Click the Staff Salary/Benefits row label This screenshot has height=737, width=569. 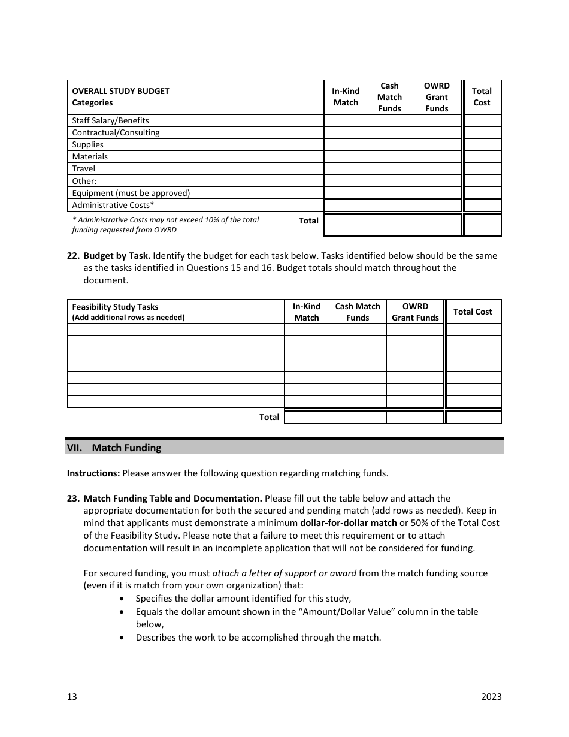[x=110, y=120]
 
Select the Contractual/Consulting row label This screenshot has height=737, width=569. [x=116, y=132]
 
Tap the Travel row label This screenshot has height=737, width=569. [x=83, y=168]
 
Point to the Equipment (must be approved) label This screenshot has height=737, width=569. [x=131, y=193]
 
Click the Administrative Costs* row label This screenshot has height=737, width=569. [x=113, y=205]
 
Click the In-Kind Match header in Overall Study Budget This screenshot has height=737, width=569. [x=346, y=97]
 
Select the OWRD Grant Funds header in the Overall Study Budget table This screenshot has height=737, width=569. [x=437, y=97]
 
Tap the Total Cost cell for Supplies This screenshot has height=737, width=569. [x=482, y=144]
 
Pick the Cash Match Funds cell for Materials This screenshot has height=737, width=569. [x=389, y=156]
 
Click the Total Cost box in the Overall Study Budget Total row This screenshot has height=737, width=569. [x=482, y=225]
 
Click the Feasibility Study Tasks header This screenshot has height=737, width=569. [x=115, y=307]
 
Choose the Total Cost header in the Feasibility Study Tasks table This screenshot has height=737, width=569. [x=473, y=312]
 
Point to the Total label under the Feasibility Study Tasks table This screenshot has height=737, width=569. [x=269, y=417]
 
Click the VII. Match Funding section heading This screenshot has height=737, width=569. [x=126, y=448]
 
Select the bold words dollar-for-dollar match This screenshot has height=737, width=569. [x=349, y=523]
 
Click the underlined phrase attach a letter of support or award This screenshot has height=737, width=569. [x=284, y=573]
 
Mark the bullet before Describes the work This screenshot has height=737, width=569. [x=123, y=638]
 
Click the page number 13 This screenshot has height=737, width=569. [x=72, y=696]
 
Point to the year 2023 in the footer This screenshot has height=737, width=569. [x=491, y=696]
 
